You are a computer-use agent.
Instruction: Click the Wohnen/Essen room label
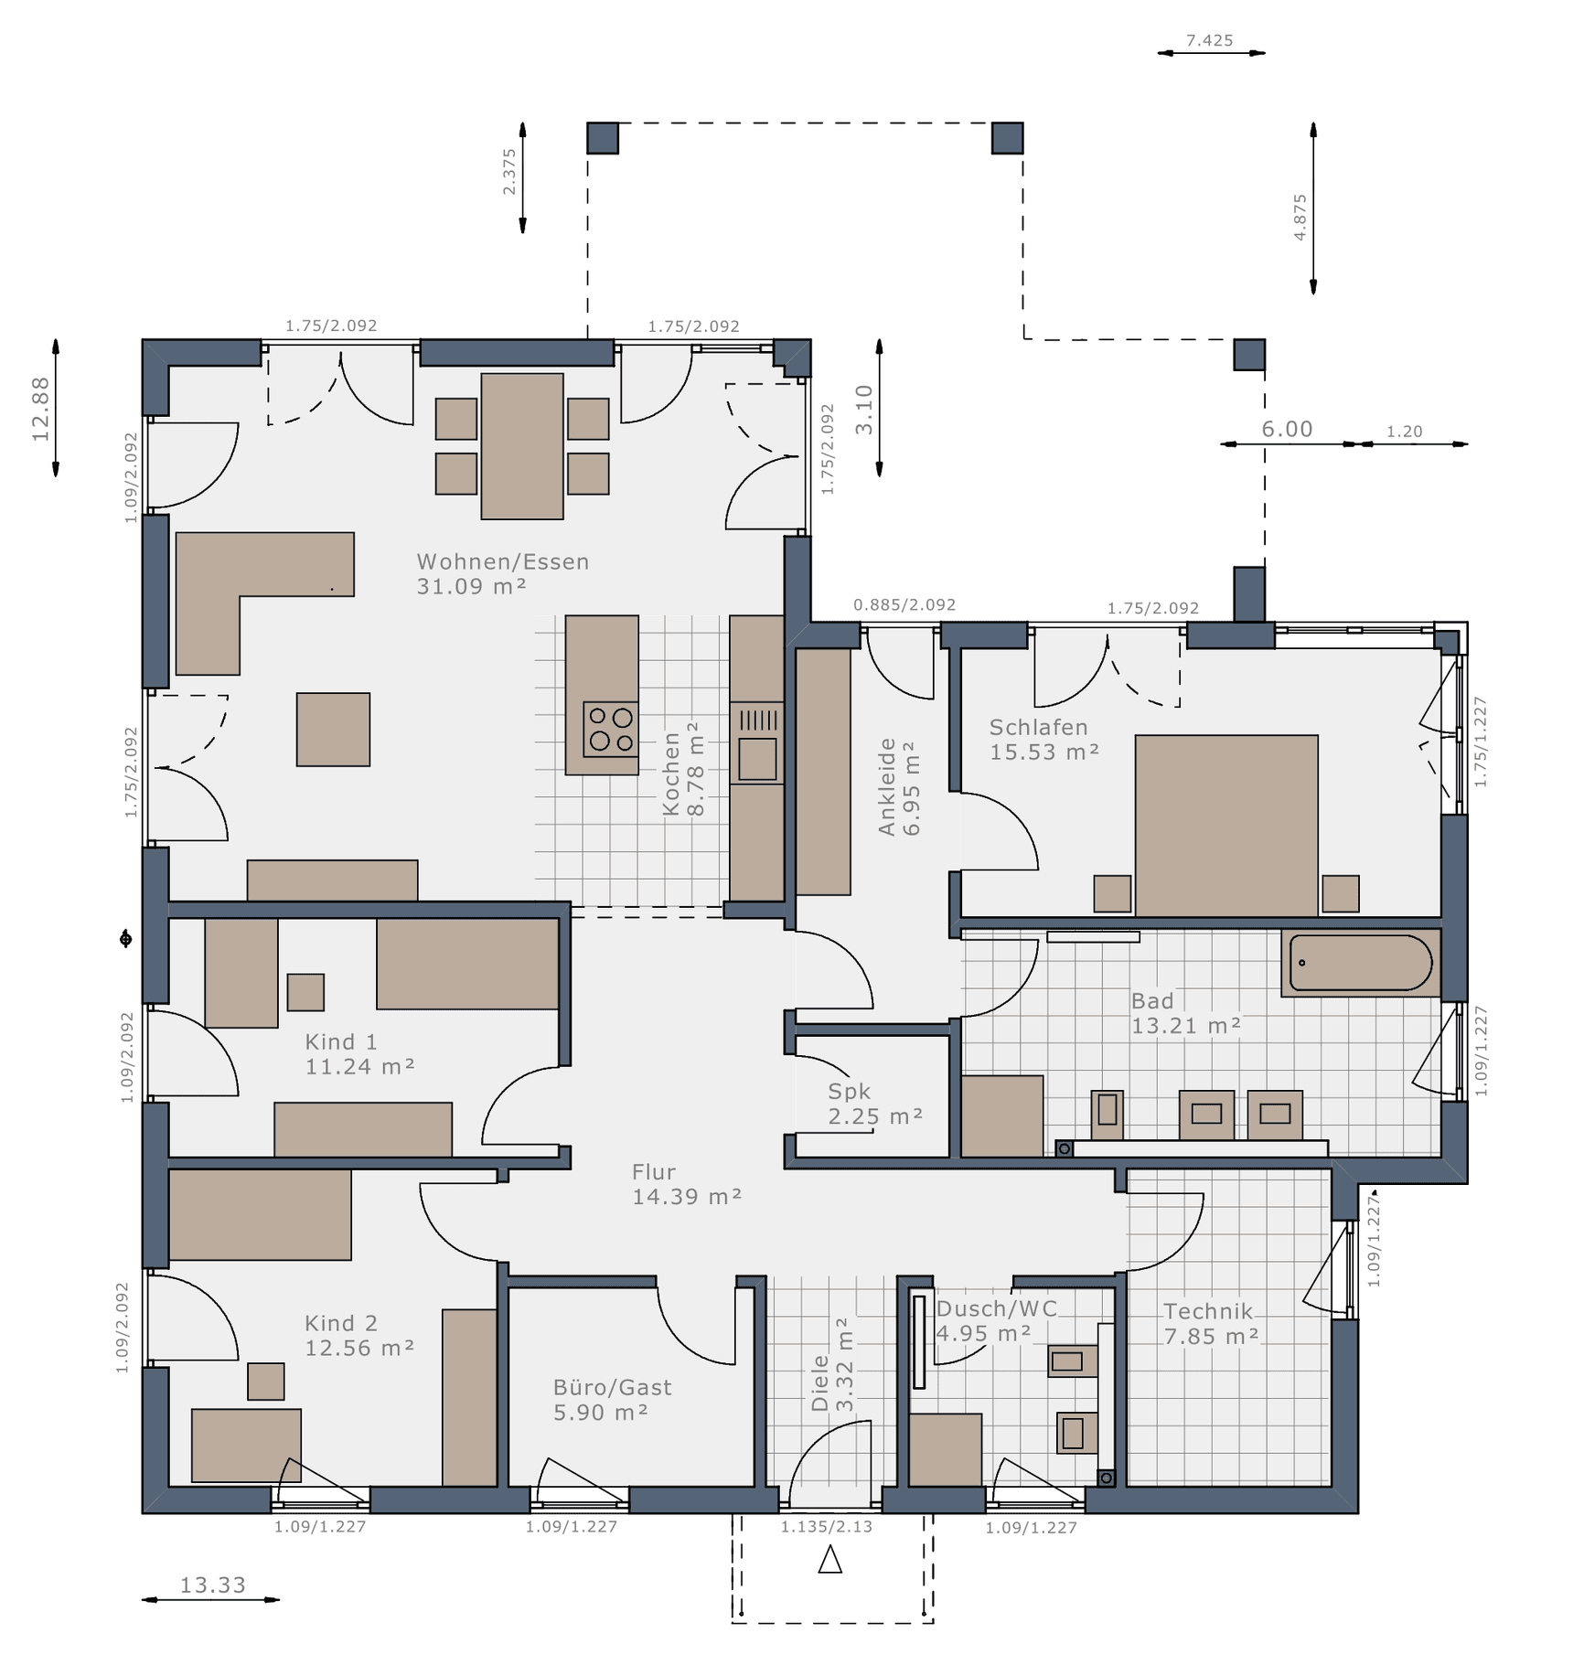[x=503, y=561]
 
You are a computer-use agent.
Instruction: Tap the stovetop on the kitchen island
[x=611, y=729]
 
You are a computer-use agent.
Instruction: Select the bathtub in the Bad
[x=1361, y=963]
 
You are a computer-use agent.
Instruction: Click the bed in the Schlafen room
[x=1226, y=825]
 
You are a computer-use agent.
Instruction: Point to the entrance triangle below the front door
[x=829, y=1559]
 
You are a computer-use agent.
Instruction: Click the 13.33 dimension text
[x=212, y=1585]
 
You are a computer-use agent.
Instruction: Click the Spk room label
[x=850, y=1091]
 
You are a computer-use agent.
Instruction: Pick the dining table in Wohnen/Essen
[x=522, y=446]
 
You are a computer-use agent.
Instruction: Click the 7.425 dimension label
[x=1210, y=40]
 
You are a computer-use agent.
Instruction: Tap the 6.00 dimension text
[x=1287, y=429]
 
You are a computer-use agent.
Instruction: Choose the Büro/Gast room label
[x=613, y=1387]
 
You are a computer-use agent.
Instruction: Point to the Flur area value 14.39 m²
[x=687, y=1196]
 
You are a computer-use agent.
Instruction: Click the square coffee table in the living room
[x=333, y=730]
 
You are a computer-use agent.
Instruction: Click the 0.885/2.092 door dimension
[x=904, y=604]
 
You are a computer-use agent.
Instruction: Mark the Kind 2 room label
[x=341, y=1323]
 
